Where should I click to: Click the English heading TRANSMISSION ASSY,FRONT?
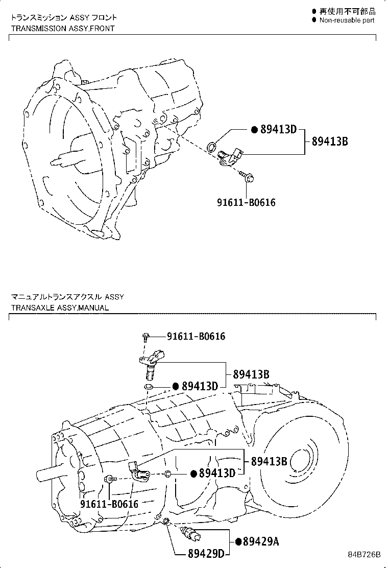(x=63, y=28)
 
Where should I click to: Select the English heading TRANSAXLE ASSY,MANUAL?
(x=60, y=308)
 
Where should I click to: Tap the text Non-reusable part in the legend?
(x=347, y=20)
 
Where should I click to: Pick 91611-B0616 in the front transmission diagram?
(x=246, y=202)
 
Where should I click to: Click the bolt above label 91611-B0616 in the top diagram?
(x=248, y=177)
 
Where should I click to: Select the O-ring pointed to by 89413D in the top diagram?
(x=210, y=148)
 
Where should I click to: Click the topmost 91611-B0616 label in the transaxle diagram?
(x=196, y=336)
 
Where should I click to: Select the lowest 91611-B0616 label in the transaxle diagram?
(x=109, y=504)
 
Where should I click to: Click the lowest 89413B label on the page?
(x=269, y=461)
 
